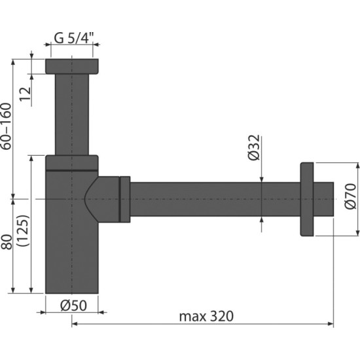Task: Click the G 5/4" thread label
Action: [x=72, y=37]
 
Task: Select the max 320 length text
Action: [x=206, y=315]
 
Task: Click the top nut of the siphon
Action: [x=72, y=66]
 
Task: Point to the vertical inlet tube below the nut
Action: [x=72, y=115]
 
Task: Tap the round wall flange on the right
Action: [x=306, y=198]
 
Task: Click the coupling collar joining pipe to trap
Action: [x=124, y=198]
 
